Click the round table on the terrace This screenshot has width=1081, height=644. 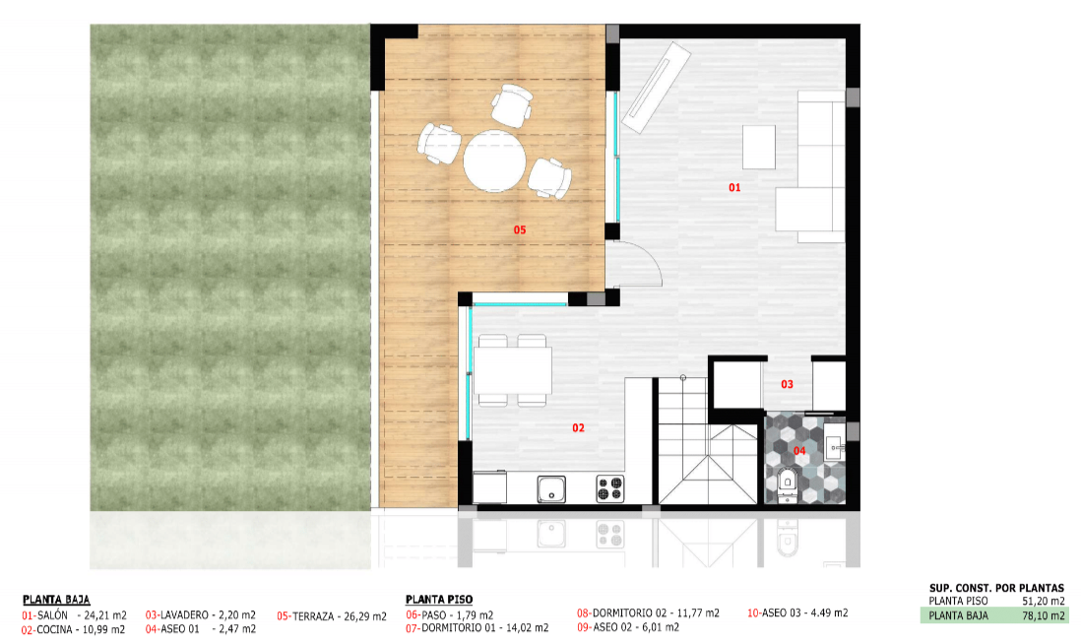point(493,161)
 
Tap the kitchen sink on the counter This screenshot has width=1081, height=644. point(551,488)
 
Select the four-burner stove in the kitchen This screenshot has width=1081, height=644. point(610,488)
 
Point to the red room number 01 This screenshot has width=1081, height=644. point(734,187)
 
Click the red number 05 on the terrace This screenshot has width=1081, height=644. point(520,230)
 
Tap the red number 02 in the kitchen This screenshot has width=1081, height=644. point(579,428)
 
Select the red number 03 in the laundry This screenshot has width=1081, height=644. point(788,385)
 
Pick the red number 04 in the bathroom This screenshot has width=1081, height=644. point(799,451)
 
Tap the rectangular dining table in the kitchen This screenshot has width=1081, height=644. point(512,370)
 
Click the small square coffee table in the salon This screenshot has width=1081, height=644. point(759,147)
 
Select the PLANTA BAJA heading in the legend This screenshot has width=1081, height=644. point(56,600)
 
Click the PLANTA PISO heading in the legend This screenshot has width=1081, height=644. point(439,600)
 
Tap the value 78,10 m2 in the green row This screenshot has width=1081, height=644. point(1044,615)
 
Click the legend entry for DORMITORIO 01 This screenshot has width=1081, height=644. point(477,628)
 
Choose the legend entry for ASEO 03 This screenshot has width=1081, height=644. point(797,612)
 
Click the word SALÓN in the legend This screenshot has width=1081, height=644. point(52,615)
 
